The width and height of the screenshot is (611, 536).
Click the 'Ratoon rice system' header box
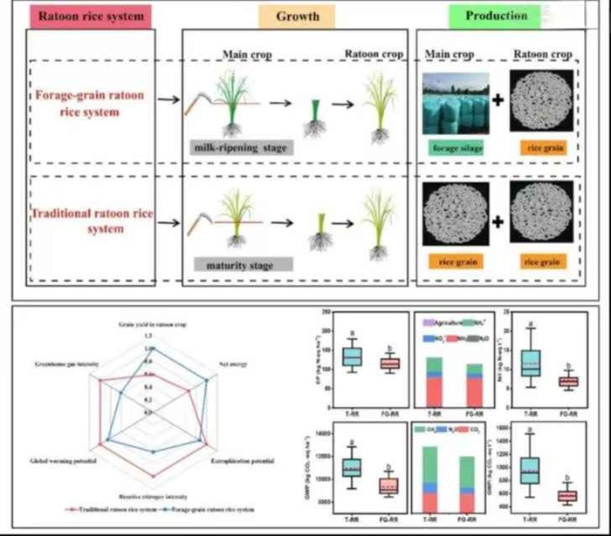(79, 15)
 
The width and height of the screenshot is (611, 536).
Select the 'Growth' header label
(298, 16)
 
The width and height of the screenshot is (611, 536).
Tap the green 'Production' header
(496, 15)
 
